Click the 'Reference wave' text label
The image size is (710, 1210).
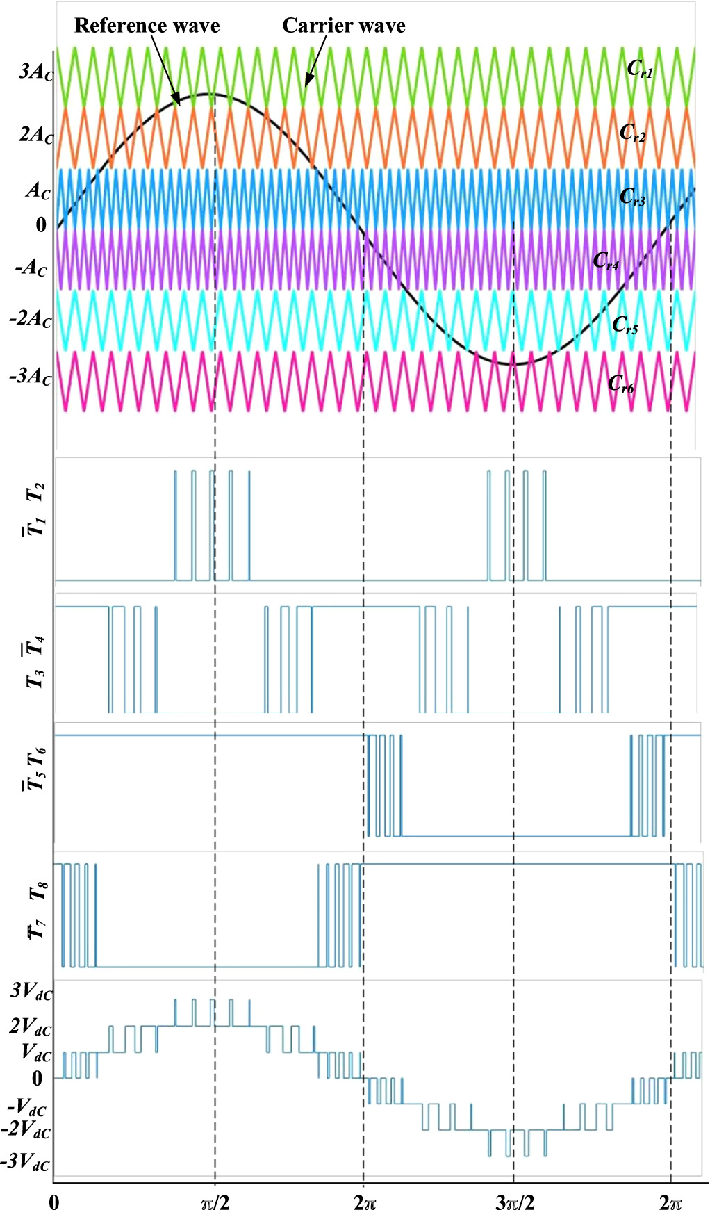[147, 26]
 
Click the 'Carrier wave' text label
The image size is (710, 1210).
[343, 26]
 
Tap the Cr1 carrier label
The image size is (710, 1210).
[639, 69]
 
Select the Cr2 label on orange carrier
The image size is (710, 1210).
[632, 132]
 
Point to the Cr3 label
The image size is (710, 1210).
[632, 197]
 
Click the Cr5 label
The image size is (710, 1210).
[625, 325]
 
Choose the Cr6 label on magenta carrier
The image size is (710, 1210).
[620, 384]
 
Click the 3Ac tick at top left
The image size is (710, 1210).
[35, 72]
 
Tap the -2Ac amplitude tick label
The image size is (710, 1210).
[31, 320]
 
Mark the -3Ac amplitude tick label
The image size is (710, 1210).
[31, 377]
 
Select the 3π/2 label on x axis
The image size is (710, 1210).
[515, 1202]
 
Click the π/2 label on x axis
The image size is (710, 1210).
[215, 1202]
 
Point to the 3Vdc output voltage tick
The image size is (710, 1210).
[31, 991]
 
